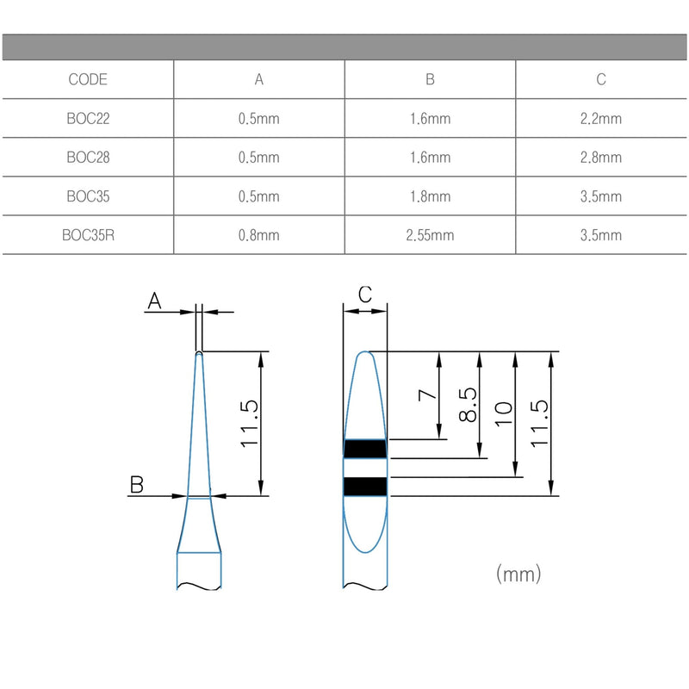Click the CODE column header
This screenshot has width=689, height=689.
coord(87,79)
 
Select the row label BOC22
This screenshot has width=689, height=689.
coord(87,119)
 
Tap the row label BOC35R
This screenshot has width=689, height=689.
coord(87,235)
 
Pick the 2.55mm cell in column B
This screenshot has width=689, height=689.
coord(430,235)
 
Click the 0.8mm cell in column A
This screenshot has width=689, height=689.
coord(259,235)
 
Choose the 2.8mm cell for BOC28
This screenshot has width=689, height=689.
coord(601,158)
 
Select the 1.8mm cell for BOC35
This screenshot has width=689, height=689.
coord(430,196)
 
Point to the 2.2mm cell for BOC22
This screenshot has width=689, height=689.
coord(601,119)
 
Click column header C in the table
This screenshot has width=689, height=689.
coord(601,79)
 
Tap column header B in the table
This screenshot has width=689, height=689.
coord(430,79)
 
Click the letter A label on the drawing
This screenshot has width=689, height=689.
coord(155,300)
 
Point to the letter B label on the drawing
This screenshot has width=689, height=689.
coord(136,485)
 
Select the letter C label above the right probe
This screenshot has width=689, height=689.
coord(364,295)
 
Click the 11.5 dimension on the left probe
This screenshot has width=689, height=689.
coord(251,423)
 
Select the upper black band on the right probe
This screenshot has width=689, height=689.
coord(366,449)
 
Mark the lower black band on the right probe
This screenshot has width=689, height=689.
coord(366,487)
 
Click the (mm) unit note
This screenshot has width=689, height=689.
coord(518,573)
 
